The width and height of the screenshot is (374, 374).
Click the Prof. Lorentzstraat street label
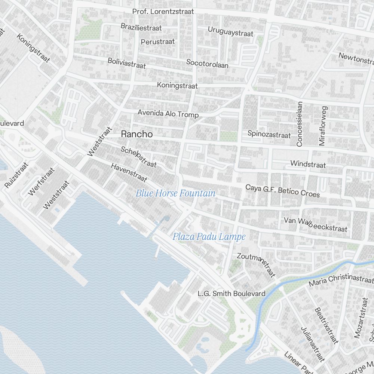163,12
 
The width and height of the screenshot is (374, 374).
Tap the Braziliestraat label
141,27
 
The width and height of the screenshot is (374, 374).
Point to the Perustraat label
158,42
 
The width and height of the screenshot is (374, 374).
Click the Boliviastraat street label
126,63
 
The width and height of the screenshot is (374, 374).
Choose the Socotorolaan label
207,63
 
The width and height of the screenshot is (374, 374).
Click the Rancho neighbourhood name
137,134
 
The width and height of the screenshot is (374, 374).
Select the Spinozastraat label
269,134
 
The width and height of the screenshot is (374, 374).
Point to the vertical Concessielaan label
299,123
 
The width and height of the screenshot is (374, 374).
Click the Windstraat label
308,164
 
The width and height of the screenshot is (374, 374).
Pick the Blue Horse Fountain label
175,193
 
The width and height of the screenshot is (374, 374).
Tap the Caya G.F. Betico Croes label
282,190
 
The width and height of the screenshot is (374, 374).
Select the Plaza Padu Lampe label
209,237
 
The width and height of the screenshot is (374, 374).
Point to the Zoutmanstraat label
256,265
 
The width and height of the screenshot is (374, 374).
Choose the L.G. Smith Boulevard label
232,294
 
